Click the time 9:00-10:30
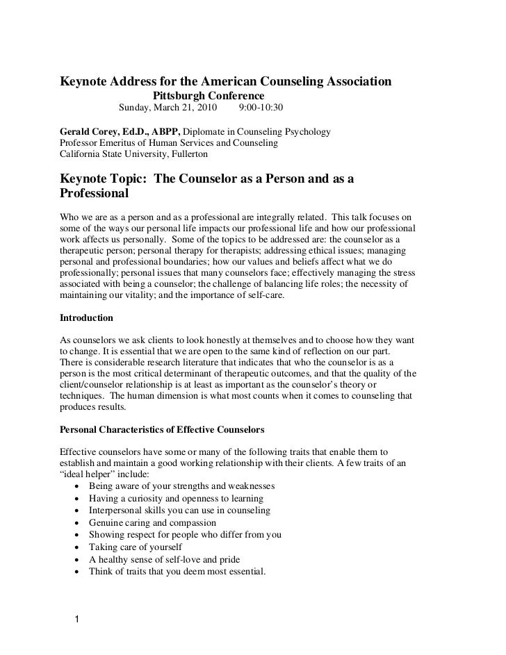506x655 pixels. (261, 108)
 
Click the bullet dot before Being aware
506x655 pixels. (75, 486)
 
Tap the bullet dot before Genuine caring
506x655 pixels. (75, 522)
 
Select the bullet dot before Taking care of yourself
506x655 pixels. (75, 547)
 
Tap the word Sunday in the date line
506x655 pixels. (137, 108)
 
